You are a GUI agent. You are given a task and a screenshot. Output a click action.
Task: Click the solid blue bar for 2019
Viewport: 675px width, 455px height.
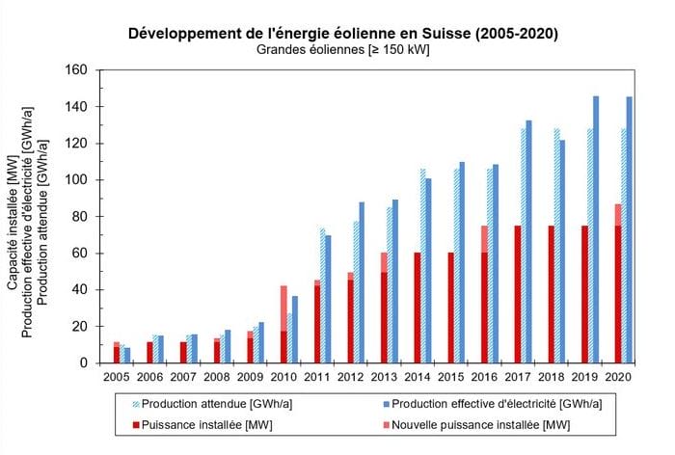click(596, 229)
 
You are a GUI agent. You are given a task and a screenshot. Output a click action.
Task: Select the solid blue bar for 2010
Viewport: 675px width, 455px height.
click(295, 330)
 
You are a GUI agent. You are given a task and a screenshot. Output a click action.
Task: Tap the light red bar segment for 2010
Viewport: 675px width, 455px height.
click(283, 308)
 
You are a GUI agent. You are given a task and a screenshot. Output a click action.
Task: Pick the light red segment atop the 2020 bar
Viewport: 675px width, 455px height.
click(618, 215)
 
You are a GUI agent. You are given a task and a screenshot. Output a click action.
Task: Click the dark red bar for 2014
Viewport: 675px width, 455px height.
click(418, 308)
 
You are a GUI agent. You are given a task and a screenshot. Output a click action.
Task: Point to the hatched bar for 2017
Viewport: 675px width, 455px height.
click(524, 246)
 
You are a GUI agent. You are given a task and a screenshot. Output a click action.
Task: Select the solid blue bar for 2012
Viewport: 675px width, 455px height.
click(362, 282)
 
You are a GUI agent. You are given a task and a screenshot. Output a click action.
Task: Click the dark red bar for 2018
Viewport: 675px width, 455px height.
click(551, 294)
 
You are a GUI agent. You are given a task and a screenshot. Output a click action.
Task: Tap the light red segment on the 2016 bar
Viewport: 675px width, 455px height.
click(484, 239)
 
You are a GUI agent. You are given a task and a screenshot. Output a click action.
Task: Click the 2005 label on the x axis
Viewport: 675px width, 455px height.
click(117, 377)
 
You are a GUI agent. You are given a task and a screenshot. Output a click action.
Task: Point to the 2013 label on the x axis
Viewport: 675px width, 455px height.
click(384, 377)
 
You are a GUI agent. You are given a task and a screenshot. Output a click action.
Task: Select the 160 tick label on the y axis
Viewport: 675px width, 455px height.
click(76, 69)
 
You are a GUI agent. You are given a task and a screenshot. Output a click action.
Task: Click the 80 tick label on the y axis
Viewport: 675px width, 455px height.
click(80, 217)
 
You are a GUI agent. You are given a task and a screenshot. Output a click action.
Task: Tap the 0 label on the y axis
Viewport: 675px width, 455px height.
click(84, 363)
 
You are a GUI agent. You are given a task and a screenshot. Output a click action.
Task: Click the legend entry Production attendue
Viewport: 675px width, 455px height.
click(212, 404)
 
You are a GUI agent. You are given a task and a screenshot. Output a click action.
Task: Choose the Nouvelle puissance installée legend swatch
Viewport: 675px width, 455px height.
click(387, 425)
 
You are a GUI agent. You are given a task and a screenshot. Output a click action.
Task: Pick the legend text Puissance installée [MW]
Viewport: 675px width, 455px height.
click(206, 425)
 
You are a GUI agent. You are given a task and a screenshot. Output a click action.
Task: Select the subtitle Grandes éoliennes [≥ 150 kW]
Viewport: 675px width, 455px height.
click(343, 49)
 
